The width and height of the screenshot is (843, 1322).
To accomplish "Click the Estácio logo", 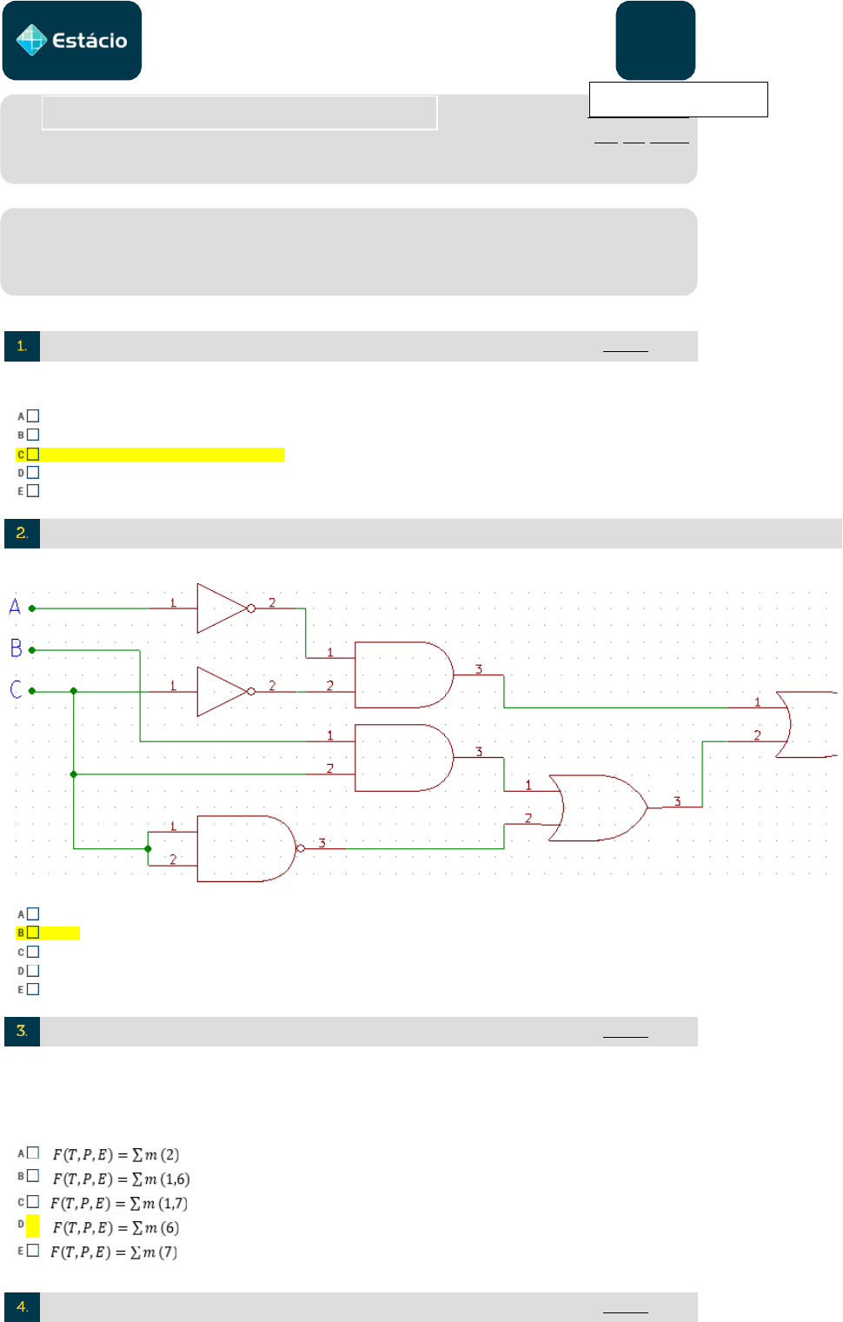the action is tap(72, 40).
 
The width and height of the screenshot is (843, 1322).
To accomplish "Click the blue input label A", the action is tap(15, 607).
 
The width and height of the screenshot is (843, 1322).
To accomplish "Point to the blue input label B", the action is tap(16, 648).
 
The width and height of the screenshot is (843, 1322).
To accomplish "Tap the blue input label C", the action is tap(16, 689).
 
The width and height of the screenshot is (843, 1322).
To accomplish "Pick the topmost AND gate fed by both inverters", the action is tap(404, 674).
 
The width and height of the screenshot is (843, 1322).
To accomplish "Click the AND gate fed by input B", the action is tap(404, 758).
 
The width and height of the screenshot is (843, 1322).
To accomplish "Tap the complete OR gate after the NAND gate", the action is tap(598, 807).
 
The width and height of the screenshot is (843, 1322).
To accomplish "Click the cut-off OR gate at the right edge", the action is tap(806, 724).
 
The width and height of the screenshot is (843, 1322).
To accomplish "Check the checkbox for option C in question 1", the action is tap(33, 454).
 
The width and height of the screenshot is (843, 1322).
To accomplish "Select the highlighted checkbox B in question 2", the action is tap(33, 933).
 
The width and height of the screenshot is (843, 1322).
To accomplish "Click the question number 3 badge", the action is tap(22, 1031).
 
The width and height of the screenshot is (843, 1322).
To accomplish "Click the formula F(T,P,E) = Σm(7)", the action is tap(114, 1252).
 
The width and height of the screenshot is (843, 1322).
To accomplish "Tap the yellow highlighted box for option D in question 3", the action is tap(33, 1226).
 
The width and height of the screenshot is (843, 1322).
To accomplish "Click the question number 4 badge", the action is tap(22, 1307).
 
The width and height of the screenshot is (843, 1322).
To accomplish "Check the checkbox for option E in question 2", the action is tap(33, 989).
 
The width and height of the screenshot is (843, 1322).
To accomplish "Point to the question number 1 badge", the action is tap(22, 346).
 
